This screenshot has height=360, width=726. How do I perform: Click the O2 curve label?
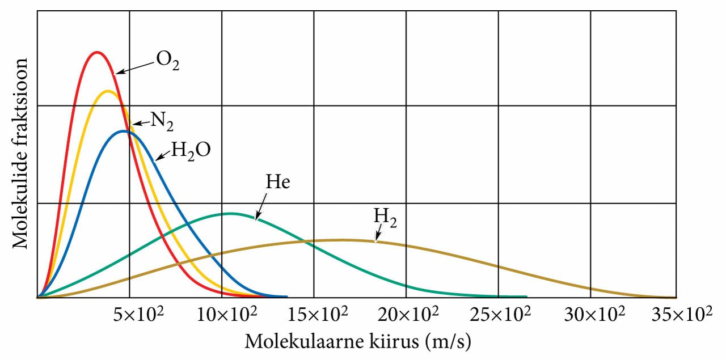(168, 61)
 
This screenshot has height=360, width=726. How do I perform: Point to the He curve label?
(277, 183)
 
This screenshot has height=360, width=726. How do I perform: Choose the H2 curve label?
(385, 218)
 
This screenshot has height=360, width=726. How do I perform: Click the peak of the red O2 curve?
(97, 52)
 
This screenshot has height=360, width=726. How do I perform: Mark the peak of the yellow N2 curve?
(107, 91)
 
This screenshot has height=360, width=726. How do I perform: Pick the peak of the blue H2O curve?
(124, 131)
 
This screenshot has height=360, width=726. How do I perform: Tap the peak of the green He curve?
(231, 214)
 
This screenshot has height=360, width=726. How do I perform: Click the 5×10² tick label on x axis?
(139, 313)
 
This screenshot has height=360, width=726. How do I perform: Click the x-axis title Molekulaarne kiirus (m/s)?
(358, 342)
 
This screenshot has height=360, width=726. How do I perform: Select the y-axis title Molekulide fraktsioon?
(21, 153)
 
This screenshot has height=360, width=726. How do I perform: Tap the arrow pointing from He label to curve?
(260, 205)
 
